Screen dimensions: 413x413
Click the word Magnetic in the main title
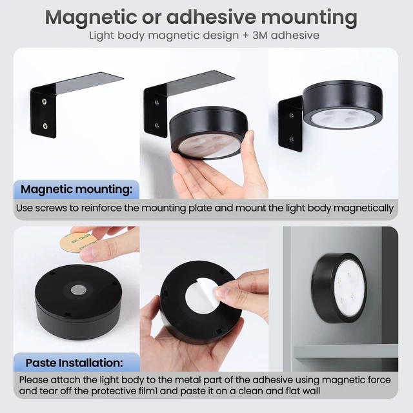coord(91,17)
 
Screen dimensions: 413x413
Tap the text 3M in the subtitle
coord(259,35)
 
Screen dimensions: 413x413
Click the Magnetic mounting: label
coord(76,189)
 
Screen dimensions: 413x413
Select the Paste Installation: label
coord(74,363)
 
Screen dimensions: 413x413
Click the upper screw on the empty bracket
coord(45,101)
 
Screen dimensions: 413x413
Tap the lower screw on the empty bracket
coord(45,126)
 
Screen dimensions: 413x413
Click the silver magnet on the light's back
coord(79,290)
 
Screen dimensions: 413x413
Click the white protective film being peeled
coord(202,296)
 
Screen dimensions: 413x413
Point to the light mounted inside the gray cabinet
coord(339,288)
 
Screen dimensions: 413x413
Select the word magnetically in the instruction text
coord(364,208)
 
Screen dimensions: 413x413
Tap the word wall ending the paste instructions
coord(311,391)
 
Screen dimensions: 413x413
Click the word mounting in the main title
coord(309,17)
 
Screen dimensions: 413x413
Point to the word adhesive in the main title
coord(211,17)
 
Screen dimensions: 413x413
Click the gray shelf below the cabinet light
coord(346,352)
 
